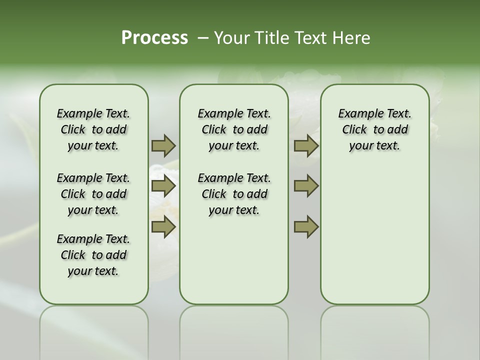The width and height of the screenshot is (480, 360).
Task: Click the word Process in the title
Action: tap(154, 38)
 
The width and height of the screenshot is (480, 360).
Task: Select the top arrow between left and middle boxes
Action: tap(163, 145)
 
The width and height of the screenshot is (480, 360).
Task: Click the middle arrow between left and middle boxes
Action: tap(163, 186)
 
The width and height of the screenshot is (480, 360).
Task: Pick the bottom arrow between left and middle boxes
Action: tap(163, 227)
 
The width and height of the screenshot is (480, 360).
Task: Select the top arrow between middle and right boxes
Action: tap(306, 145)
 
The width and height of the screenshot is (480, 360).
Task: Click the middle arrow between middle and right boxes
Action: tap(306, 186)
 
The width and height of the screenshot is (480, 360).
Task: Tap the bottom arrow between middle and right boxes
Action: tap(306, 227)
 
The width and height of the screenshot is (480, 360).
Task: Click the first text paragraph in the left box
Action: tap(93, 129)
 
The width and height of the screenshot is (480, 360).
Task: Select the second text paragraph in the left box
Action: tap(93, 194)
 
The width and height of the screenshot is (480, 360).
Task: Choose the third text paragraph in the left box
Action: tap(93, 255)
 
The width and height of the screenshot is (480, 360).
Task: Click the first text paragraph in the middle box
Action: tap(234, 129)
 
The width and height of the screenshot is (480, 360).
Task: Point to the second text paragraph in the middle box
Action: tap(234, 194)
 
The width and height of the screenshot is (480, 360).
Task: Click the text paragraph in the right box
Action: tap(374, 129)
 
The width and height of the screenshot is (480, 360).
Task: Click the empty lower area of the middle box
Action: tap(234, 260)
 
